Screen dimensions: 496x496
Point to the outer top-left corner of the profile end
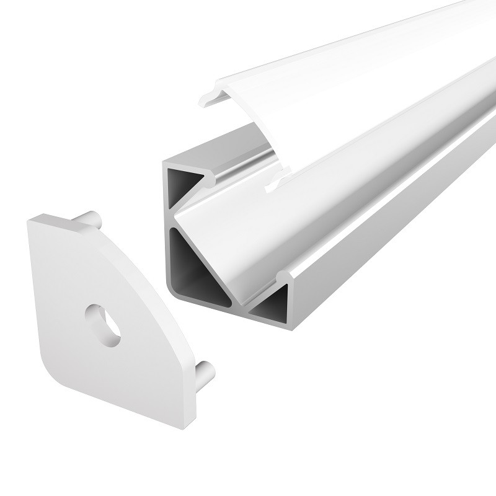(x=164, y=162)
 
